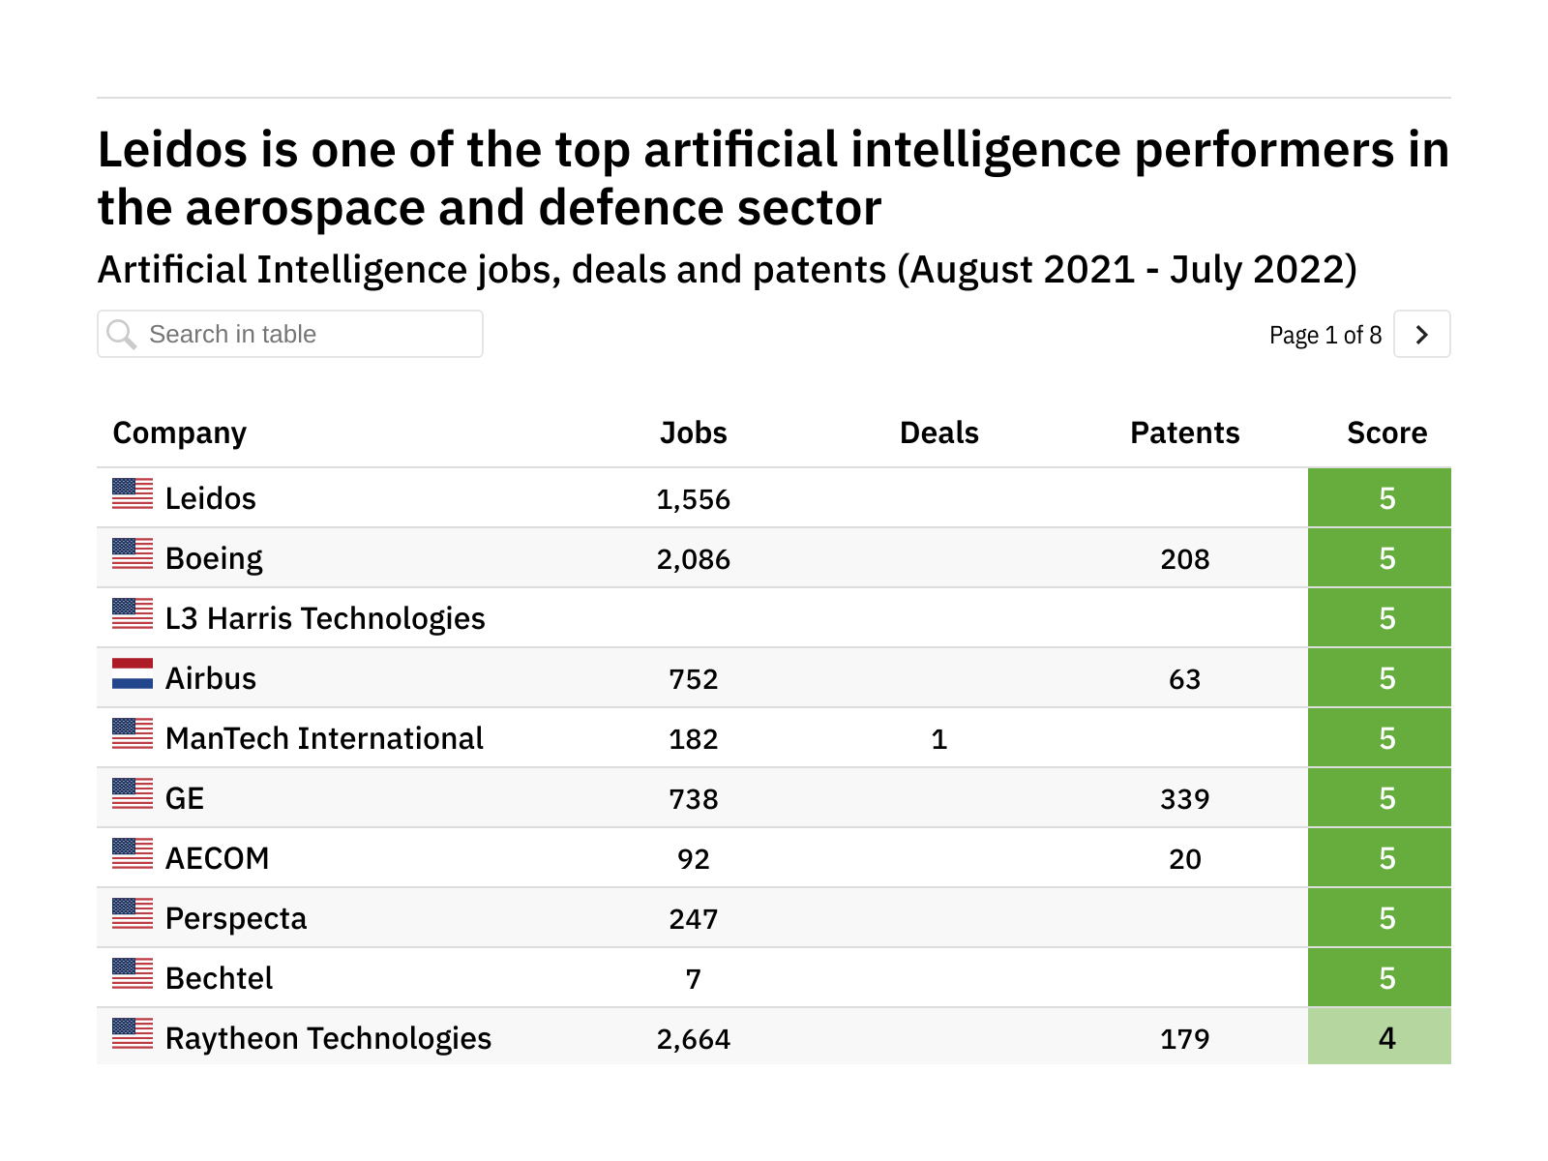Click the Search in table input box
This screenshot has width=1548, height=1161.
[290, 334]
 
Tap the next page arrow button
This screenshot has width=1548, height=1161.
[1421, 334]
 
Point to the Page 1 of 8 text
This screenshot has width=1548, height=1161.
[1325, 335]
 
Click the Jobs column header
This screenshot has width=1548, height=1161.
[693, 432]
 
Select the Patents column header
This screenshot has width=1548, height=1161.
[1184, 432]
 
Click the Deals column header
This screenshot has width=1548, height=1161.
[938, 432]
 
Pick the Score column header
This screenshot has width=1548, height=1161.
[1386, 432]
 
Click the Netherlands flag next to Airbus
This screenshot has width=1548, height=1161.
[133, 674]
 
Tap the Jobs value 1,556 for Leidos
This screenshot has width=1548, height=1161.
[693, 499]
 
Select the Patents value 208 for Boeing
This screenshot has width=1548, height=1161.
[1184, 559]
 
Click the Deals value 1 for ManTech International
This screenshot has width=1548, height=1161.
[938, 739]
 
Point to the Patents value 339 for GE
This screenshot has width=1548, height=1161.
[1184, 799]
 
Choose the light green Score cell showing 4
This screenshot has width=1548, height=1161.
[1379, 1037]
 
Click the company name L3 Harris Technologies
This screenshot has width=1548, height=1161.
[325, 618]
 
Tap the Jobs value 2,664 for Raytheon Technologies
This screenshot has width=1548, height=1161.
[693, 1039]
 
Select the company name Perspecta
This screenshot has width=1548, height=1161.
[236, 918]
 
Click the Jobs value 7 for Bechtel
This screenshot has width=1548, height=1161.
[693, 979]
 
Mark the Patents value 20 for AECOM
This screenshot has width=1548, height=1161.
[1184, 859]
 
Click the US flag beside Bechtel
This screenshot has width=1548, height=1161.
[133, 973]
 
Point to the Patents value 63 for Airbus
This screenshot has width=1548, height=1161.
[1184, 679]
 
